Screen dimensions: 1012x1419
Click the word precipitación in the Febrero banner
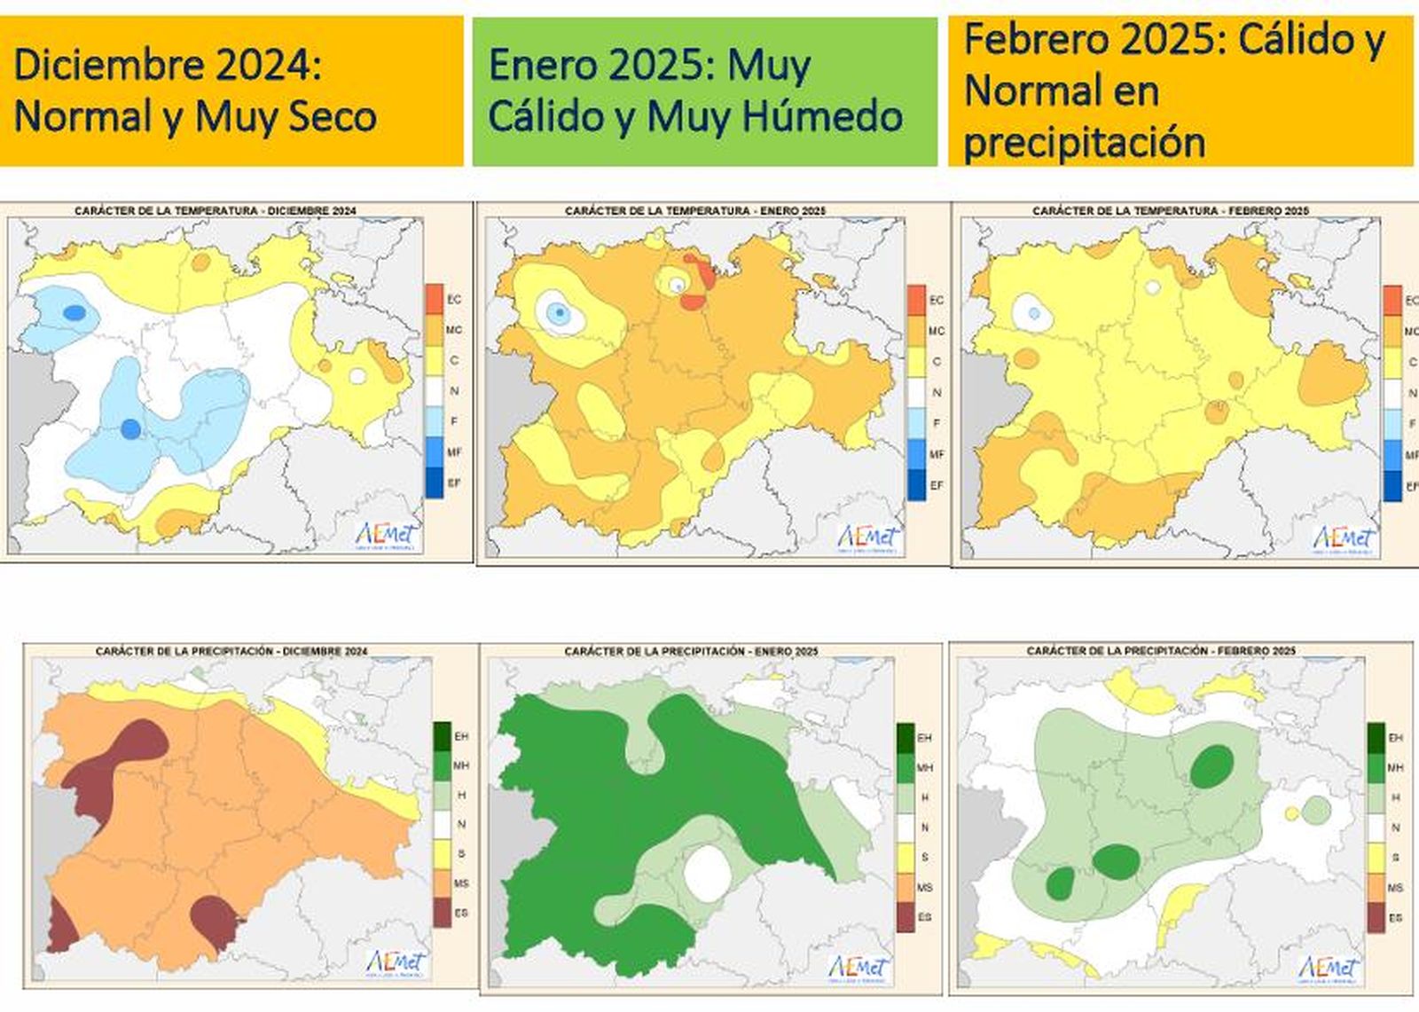1084,142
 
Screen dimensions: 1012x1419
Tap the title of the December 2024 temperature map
216,211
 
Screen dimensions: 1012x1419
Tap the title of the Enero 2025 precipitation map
691,651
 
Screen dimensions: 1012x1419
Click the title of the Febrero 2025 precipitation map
1161,650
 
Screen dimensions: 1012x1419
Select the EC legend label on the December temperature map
454,299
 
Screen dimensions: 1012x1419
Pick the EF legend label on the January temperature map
937,485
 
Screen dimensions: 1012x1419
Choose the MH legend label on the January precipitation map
924,767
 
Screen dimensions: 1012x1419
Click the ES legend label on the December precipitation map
461,913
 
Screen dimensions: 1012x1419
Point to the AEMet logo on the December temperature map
388,536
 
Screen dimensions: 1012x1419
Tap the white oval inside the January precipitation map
708,873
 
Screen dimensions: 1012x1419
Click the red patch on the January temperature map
697,282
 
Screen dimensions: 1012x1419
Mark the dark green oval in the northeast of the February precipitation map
1211,765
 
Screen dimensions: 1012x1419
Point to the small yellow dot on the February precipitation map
1292,812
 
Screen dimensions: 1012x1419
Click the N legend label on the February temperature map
1412,392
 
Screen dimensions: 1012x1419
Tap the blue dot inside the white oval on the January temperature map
559,311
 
